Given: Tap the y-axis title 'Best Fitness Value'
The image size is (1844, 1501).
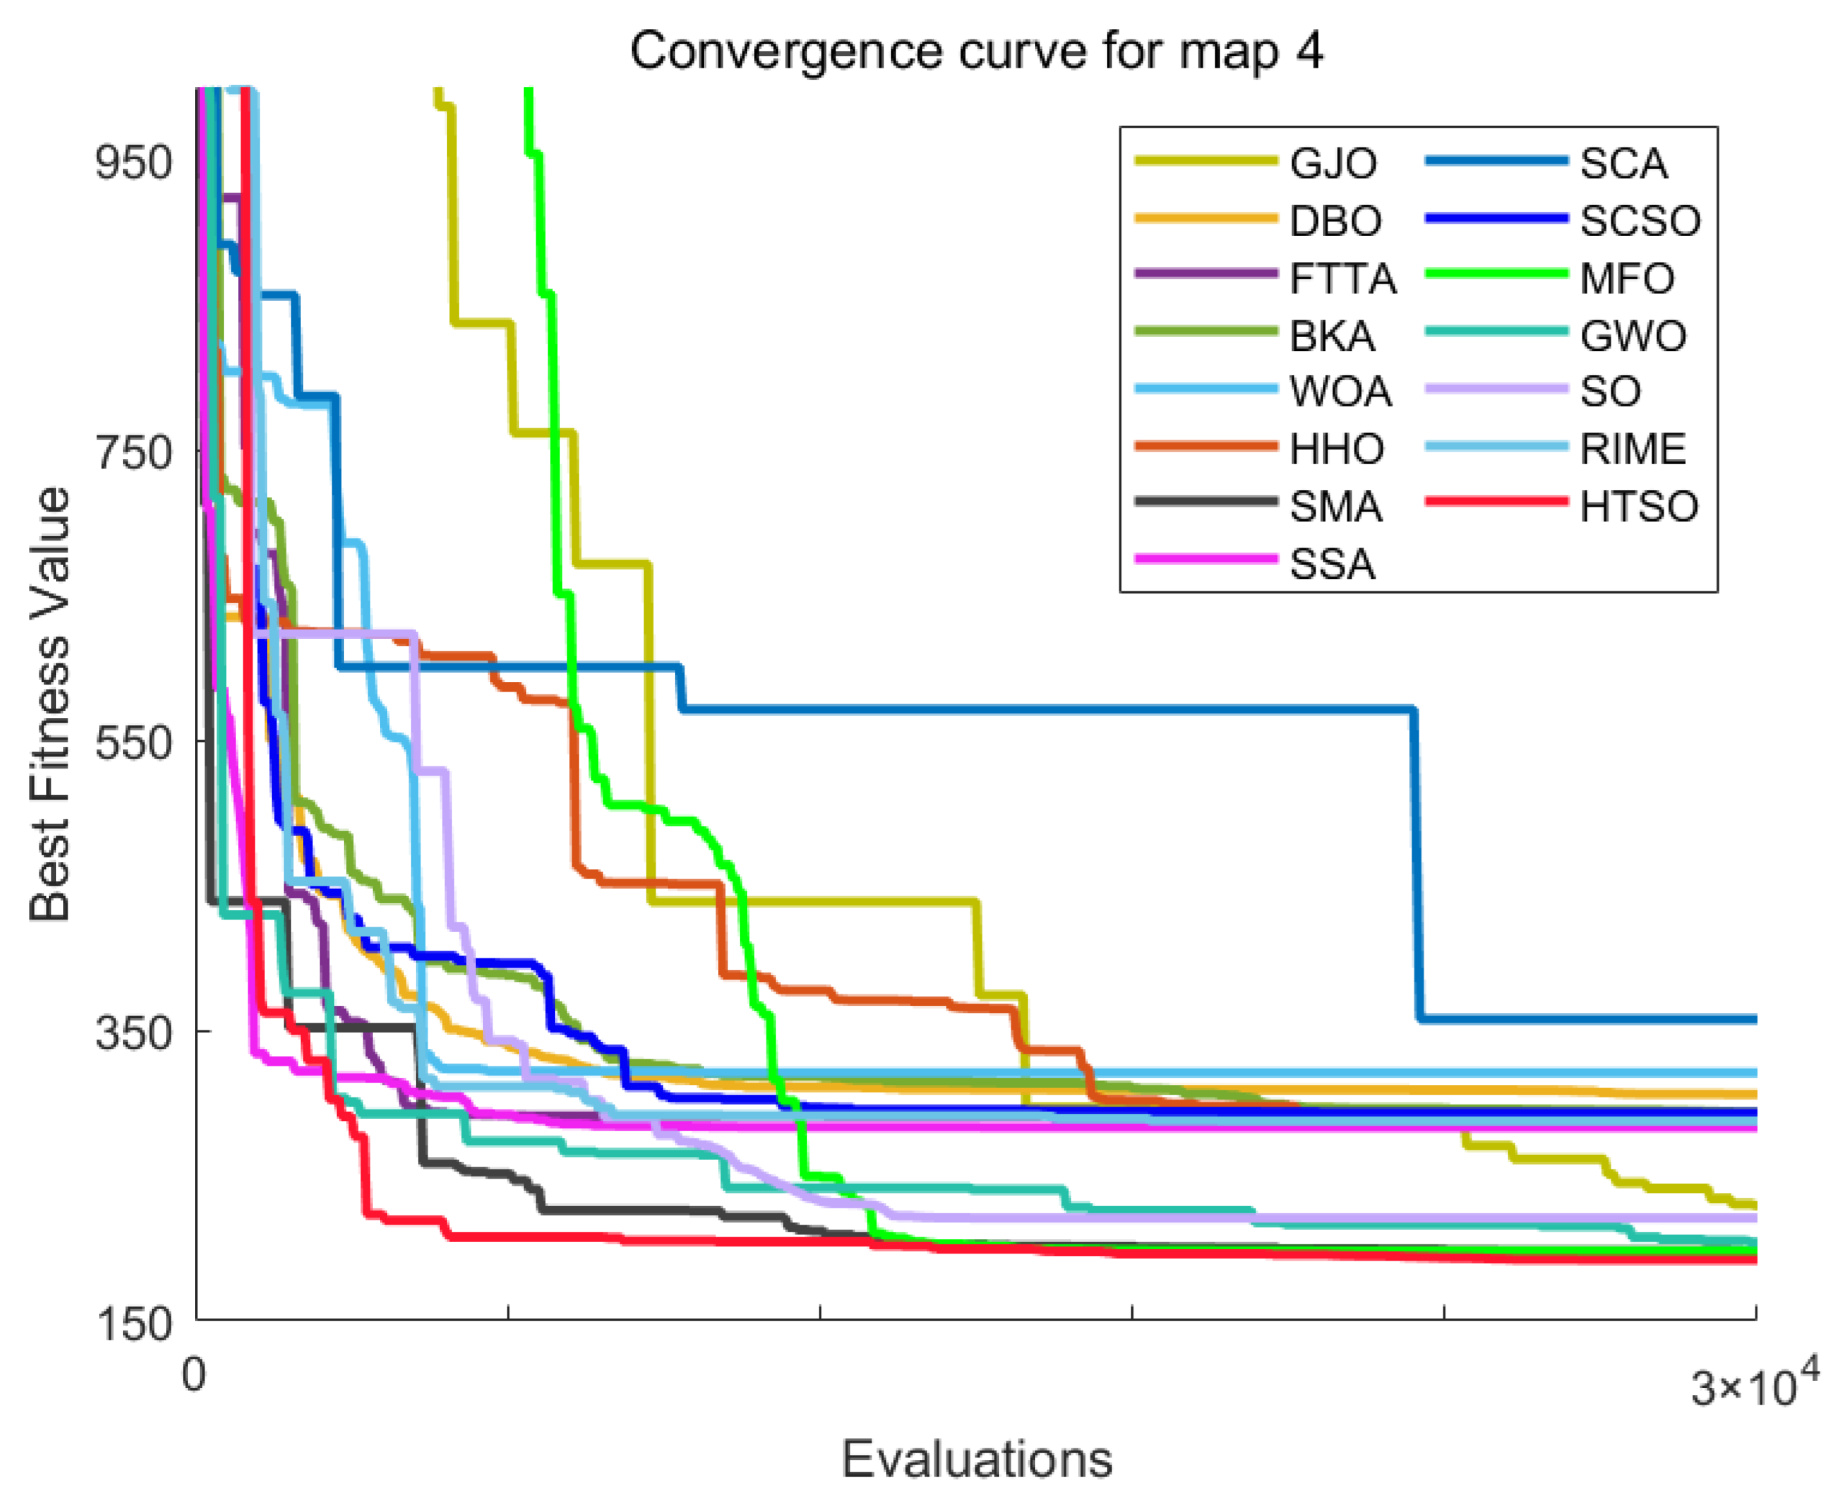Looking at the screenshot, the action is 49,704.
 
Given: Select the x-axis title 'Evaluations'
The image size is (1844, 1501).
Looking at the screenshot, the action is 977,1459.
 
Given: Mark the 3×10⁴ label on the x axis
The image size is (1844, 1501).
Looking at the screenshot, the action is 1755,1382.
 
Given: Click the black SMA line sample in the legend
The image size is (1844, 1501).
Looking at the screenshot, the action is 1206,501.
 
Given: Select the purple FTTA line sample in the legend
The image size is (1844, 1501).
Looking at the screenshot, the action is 1206,273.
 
